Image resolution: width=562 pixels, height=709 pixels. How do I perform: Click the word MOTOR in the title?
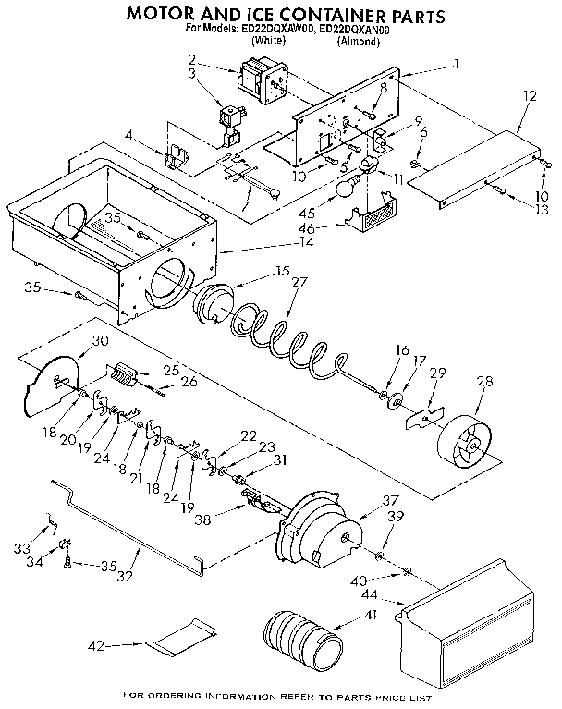point(165,16)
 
